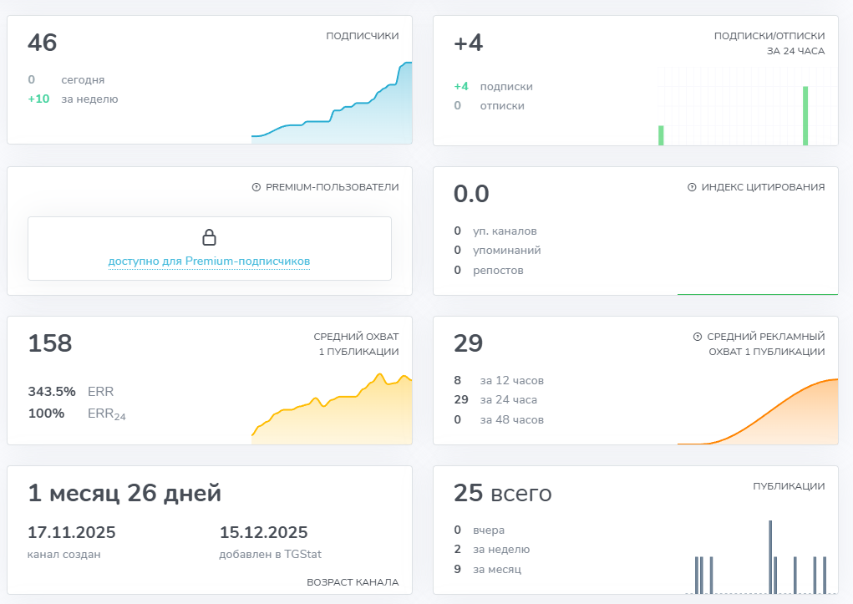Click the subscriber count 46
43,43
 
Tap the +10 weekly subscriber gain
38,99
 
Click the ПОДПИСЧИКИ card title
362,36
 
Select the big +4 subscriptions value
468,43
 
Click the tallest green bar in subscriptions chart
805,115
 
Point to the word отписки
502,105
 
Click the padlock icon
210,237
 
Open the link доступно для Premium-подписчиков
209,261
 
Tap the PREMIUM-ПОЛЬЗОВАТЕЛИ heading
332,187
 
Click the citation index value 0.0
471,194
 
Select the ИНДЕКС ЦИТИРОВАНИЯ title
762,187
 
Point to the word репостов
498,270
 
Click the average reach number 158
50,343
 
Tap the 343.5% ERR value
52,391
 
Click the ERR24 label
106,414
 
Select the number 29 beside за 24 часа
461,399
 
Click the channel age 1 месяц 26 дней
124,493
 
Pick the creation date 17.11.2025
72,533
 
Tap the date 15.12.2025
264,533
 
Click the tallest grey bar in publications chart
770,556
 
